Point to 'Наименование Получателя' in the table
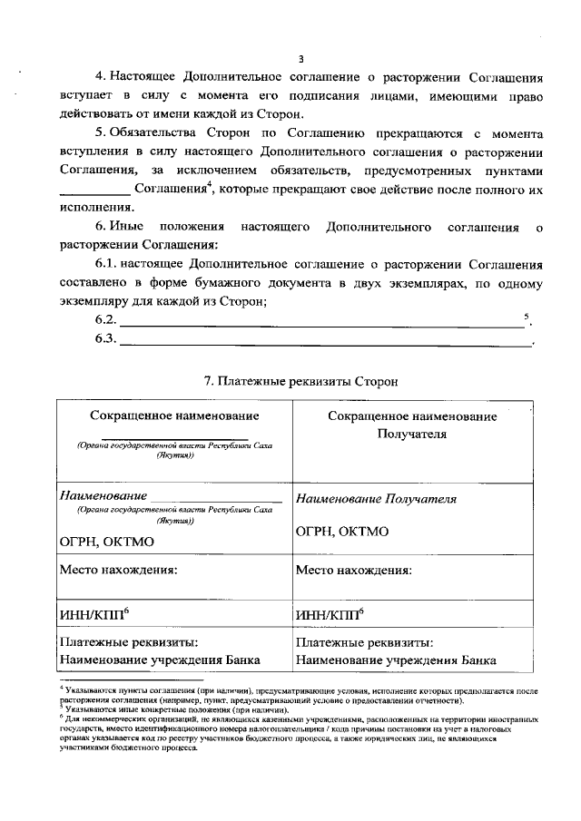376,499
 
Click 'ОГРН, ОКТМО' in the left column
106,542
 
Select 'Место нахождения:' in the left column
118,571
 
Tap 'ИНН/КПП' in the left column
92,616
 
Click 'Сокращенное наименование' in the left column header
174,415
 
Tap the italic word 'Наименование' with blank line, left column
103,497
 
